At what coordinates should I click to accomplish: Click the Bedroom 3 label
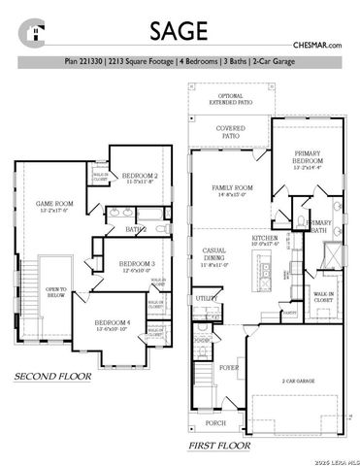[x=136, y=265]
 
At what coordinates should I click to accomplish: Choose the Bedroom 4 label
[x=112, y=324]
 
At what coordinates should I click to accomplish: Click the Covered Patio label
[x=230, y=132]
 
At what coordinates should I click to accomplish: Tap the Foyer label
[x=229, y=368]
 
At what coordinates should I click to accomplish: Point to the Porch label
[x=215, y=423]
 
